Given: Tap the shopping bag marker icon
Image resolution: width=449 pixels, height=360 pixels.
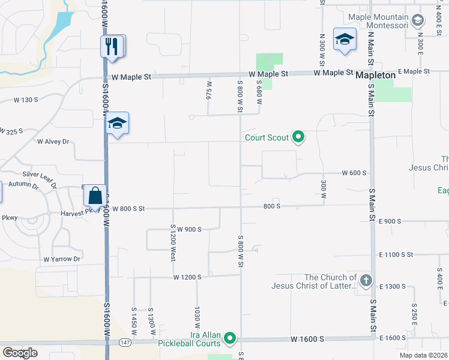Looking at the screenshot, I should click(95, 196).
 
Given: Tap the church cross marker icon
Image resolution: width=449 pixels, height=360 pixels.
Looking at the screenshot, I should click(366, 280).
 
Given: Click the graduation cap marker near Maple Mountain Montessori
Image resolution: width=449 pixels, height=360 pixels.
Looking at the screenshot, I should click(345, 40).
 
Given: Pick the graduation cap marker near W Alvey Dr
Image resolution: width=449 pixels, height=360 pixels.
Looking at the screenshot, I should click(118, 124).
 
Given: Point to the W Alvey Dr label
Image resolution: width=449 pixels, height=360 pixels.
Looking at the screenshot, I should click(53, 142).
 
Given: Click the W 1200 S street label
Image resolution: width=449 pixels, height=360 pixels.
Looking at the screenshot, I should click(187, 277).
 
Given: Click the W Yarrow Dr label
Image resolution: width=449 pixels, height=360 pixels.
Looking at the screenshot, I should click(61, 259).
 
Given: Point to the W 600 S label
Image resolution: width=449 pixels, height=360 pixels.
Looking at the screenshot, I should click(354, 173).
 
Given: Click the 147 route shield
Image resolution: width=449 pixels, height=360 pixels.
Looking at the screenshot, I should click(125, 342).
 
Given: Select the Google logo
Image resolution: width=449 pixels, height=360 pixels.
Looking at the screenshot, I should click(20, 352).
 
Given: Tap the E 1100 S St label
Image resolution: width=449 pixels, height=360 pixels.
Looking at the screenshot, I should click(396, 254).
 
